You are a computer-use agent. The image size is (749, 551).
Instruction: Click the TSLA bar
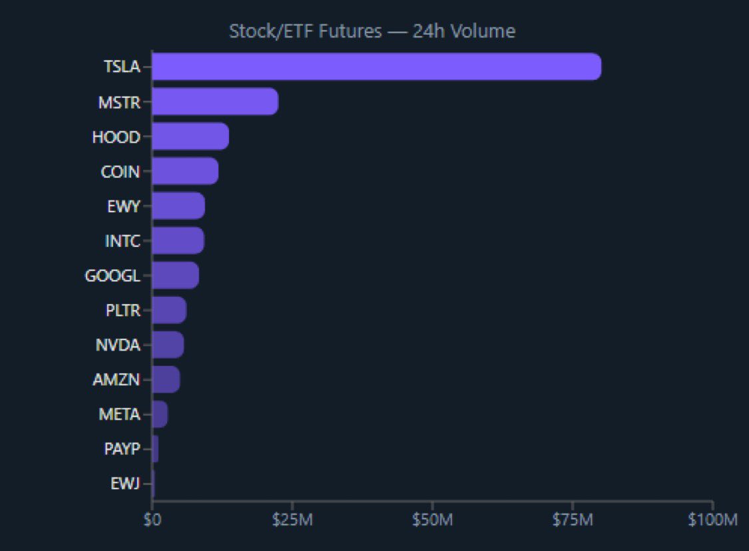pos(376,67)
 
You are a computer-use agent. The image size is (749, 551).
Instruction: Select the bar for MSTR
pos(214,102)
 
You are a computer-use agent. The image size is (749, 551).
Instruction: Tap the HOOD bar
pos(190,136)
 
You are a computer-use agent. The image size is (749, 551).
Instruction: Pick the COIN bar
pos(184,171)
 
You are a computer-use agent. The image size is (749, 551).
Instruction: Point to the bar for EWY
pos(178,206)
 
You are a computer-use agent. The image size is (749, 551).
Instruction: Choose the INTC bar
pos(178,240)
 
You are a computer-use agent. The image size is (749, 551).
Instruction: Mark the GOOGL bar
pos(175,275)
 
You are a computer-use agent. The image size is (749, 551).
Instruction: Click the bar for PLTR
pos(169,309)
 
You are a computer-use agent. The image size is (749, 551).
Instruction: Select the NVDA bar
pos(168,345)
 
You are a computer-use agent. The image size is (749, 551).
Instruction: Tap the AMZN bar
pos(166,379)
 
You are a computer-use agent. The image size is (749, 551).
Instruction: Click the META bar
pos(160,414)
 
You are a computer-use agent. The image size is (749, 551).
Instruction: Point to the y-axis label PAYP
pos(122,449)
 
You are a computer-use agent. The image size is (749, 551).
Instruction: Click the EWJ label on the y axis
pos(125,484)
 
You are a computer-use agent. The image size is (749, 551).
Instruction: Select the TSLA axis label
pos(122,67)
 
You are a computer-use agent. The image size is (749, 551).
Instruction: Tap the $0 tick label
pos(152,520)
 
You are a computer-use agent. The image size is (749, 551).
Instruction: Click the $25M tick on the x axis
pos(292,520)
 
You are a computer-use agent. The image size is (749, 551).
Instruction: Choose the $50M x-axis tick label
pos(432,520)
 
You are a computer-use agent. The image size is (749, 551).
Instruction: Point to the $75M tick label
pos(573,520)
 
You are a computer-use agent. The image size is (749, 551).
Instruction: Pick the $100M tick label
pos(712,520)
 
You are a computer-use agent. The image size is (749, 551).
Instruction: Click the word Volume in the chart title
pos(489,31)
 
